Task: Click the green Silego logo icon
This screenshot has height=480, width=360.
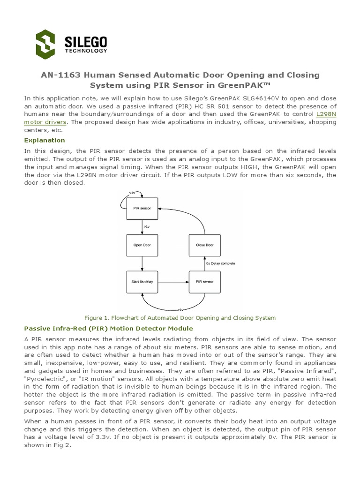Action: click(x=45, y=44)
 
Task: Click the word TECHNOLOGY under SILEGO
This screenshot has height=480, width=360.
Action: click(x=86, y=51)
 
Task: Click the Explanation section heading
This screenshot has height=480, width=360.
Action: click(x=45, y=140)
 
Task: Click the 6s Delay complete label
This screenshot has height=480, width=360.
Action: click(x=221, y=263)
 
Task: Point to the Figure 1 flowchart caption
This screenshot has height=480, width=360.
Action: click(x=180, y=318)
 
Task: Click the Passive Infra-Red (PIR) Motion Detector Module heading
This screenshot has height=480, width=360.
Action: click(x=108, y=328)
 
